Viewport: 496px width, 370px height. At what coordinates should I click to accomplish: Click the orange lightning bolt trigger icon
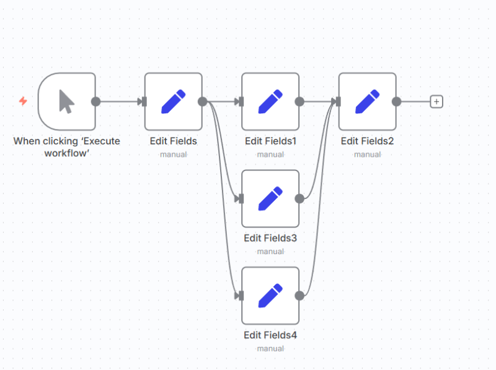pos(23,101)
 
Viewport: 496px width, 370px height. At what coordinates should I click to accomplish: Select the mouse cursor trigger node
pos(67,102)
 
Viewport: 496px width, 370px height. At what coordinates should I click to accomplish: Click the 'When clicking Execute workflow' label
pos(67,147)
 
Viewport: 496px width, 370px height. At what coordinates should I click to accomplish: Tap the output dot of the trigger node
pos(95,102)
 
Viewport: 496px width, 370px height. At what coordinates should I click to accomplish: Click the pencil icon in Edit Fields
pos(174,102)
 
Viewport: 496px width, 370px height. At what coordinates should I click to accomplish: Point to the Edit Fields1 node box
pos(270,102)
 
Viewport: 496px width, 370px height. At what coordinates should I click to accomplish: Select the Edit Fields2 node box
pos(367,102)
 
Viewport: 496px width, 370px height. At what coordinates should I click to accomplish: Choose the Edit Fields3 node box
pos(270,198)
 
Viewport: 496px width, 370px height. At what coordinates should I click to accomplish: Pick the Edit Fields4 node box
pos(270,296)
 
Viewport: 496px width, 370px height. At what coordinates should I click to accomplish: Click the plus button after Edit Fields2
pos(436,102)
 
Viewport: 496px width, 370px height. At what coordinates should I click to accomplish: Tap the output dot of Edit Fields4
pos(299,296)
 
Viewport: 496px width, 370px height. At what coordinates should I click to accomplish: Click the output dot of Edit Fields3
pos(299,198)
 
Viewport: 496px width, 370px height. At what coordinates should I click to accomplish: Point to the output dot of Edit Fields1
pos(299,102)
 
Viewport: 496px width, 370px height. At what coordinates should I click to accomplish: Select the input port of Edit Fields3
pos(241,198)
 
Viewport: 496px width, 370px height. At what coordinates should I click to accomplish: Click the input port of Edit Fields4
pos(241,296)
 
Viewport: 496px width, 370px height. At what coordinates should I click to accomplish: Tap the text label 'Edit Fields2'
pos(367,141)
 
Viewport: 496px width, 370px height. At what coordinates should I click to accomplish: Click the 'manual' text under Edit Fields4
pos(270,348)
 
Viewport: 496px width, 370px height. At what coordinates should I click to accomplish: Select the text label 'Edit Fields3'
pos(270,238)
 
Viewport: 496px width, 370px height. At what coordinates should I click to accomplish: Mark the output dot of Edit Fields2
pos(396,102)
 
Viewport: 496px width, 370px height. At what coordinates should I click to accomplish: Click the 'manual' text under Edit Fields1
pos(270,154)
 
